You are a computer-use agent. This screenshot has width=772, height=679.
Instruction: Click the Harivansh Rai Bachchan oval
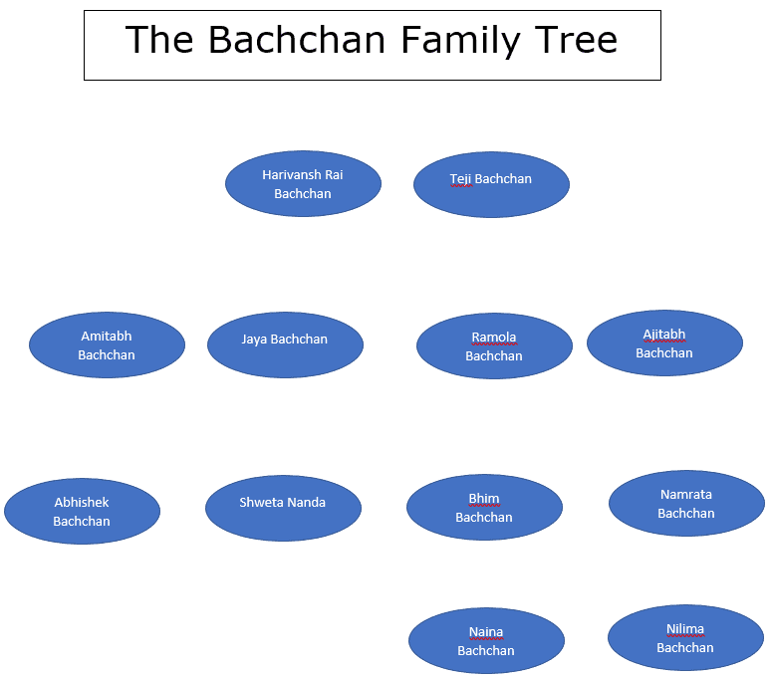pos(303,183)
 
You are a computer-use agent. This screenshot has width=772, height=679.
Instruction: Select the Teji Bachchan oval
pos(491,184)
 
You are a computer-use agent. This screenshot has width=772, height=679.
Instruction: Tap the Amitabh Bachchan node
pos(107,344)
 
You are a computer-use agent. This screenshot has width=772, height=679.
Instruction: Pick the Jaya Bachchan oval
pos(285,344)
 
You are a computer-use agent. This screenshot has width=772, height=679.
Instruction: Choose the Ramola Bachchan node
pos(494,345)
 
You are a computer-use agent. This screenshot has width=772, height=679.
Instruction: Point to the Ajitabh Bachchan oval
pos(664,342)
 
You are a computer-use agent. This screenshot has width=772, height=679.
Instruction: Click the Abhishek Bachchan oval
pos(83,511)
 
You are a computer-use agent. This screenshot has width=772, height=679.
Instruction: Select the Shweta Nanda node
pos(283,509)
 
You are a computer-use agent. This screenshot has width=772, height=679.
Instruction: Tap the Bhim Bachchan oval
pos(484,508)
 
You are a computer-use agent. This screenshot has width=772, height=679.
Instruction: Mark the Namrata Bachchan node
pos(686,504)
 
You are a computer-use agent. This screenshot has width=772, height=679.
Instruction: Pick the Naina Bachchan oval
pos(486,640)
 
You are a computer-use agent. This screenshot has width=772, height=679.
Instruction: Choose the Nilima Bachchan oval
pos(686,637)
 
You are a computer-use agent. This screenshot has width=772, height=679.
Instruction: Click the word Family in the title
pos(461,42)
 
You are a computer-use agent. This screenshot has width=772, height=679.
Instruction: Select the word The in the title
pos(159,40)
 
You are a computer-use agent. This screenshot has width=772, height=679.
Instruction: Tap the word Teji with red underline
pos(461,179)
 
